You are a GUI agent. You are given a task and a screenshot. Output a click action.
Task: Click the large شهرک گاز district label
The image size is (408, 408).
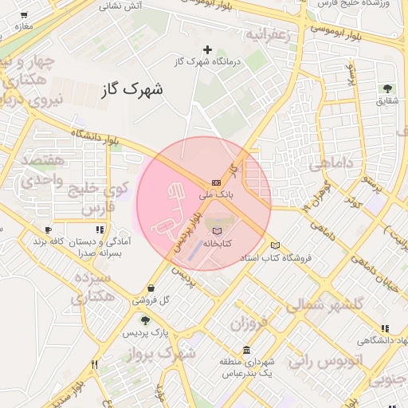coord(131,88)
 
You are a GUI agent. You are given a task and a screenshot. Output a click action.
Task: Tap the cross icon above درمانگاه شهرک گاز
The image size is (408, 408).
coord(208,49)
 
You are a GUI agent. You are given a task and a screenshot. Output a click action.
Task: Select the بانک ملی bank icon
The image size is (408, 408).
coord(216,182)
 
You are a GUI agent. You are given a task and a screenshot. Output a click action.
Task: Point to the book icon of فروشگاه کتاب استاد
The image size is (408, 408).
coord(276,245)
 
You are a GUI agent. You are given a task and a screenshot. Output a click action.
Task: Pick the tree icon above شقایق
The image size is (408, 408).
coord(388,88)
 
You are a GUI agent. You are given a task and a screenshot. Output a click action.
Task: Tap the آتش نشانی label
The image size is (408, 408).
coord(120,6)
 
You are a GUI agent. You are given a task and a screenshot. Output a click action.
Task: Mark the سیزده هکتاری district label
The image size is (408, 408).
coord(93,288)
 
